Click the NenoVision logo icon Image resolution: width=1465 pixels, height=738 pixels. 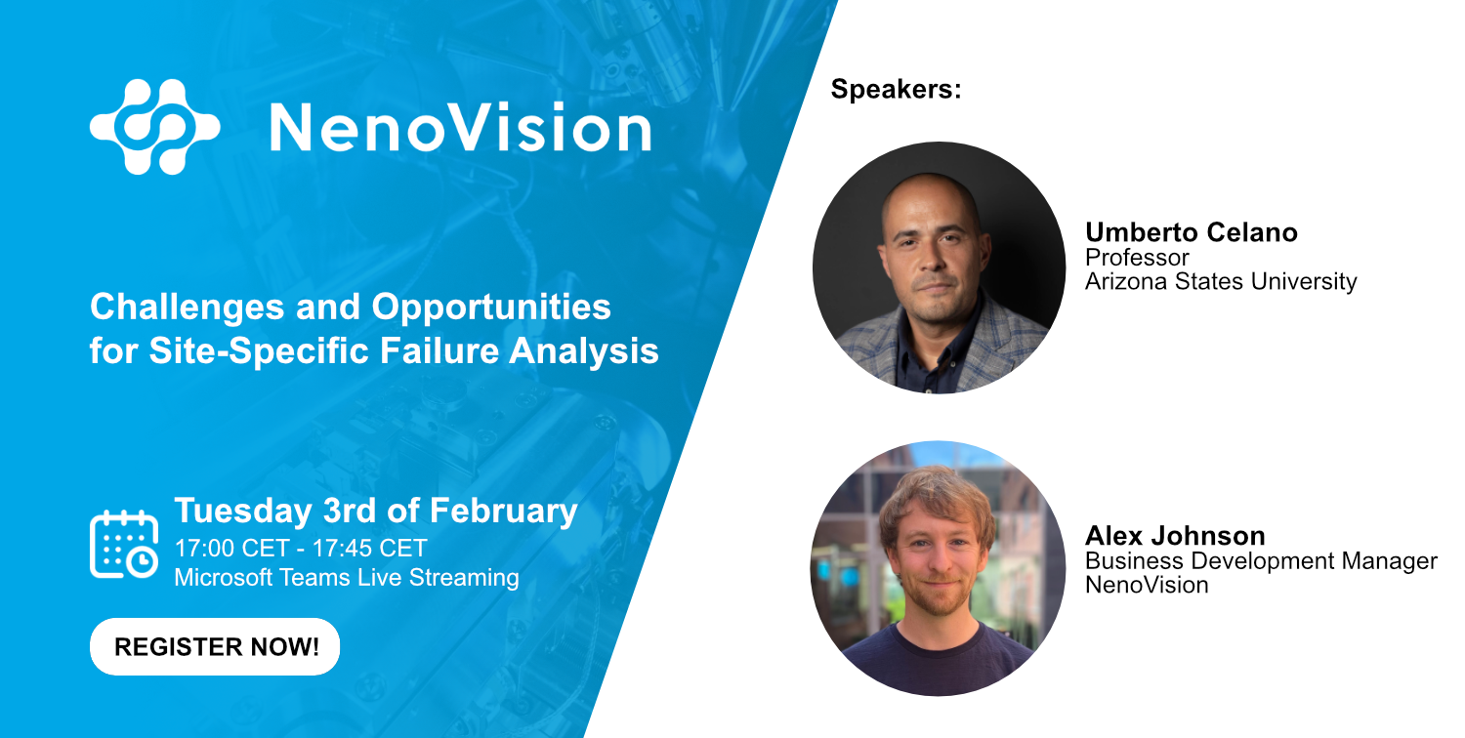pos(154,127)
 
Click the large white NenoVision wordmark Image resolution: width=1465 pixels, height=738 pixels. pos(459,129)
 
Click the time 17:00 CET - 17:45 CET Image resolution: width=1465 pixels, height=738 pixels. pos(300,548)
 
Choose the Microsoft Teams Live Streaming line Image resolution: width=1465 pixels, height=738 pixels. pos(346,577)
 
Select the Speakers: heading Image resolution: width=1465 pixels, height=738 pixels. pos(896,90)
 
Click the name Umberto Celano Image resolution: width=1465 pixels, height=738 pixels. pos(1192,232)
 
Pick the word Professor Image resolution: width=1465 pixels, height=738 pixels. pos(1137,258)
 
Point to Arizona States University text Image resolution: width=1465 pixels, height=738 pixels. pos(1221,282)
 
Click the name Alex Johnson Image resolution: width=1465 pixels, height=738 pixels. pos(1175,536)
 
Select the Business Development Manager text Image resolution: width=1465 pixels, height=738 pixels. pos(1261,561)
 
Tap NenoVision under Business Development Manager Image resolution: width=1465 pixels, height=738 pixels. pos(1147,586)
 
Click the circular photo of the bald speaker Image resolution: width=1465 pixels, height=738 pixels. pos(939,267)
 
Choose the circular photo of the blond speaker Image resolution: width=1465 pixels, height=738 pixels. pos(938,568)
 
